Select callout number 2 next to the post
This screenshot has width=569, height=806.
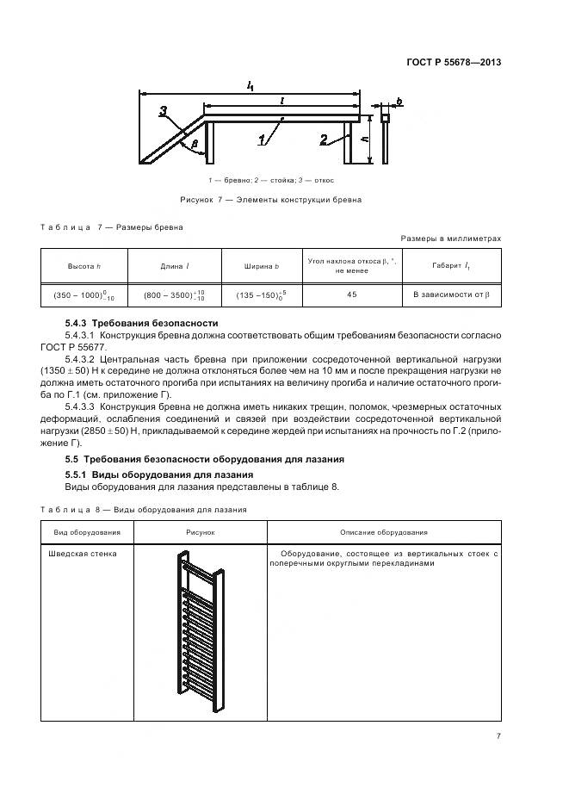point(323,139)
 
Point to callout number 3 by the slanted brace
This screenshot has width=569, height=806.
point(163,111)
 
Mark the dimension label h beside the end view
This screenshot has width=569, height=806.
point(367,137)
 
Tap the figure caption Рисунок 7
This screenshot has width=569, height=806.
point(270,199)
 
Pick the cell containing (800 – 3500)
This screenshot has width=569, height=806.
point(175,294)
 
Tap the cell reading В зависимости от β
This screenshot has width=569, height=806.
point(450,294)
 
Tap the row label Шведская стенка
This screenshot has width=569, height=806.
point(85,554)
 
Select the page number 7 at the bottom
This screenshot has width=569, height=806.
point(498,735)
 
